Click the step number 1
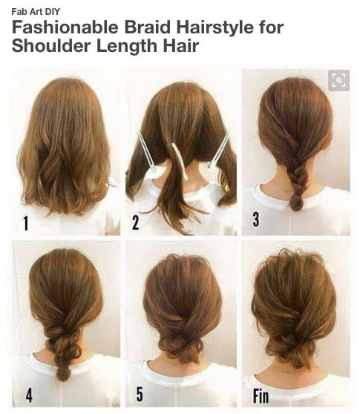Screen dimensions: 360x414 tap(26, 223)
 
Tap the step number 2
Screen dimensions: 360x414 tap(135, 223)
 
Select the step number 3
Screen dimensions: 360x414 tap(255, 220)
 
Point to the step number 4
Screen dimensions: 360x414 tap(29, 395)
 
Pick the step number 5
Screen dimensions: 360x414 tap(140, 395)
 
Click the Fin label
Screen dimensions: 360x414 tap(261, 396)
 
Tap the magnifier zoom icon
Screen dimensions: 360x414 tap(339, 80)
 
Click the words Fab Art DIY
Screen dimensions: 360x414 tap(36, 12)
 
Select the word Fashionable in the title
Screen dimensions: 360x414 tap(65, 27)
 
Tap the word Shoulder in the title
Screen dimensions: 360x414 tap(50, 46)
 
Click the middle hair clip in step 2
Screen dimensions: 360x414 tap(180, 162)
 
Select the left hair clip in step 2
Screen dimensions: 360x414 tap(146, 152)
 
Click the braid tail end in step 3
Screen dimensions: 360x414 tap(297, 205)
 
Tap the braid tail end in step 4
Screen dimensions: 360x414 tap(63, 374)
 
